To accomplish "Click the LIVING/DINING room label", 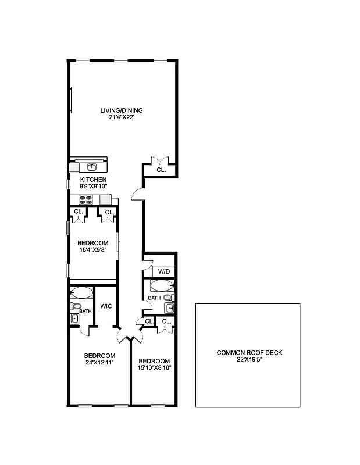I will pos(122,110).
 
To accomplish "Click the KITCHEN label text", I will pos(94,180).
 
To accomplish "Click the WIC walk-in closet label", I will pos(106,306).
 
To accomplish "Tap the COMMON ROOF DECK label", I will pos(249,353).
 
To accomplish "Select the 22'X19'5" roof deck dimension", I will pos(249,360).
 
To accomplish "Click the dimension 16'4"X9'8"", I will pos(93,250).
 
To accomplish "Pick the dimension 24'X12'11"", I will pos(99,363).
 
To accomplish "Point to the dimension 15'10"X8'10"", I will pos(154,367).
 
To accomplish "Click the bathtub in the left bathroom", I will pos(81,292).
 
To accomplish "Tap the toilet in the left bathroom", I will pos(76,306).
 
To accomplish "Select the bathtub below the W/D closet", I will pos(161,285).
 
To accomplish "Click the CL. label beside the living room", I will pos(161,170).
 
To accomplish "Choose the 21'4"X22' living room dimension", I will pos(122,117).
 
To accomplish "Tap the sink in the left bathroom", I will pos(75,319).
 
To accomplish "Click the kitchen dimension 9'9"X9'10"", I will pos(94,187).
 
